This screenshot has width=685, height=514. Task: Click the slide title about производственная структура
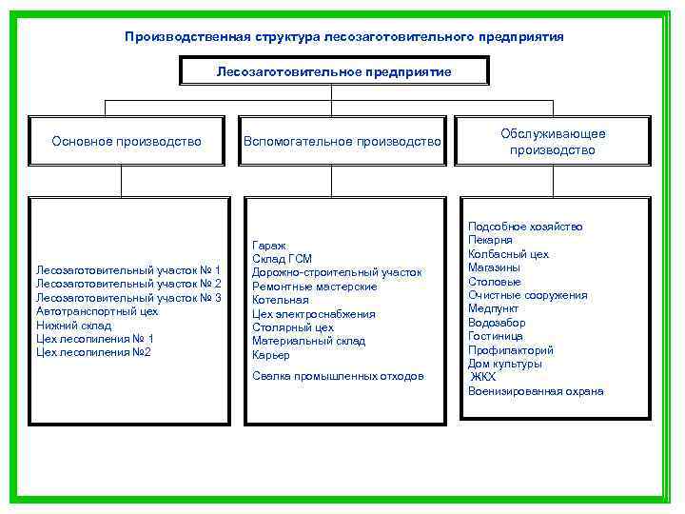pos(343,36)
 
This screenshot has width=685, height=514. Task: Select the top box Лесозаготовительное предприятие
pos(334,71)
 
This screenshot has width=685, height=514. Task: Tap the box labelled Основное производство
pos(127,142)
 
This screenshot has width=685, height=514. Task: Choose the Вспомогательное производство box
pos(342,142)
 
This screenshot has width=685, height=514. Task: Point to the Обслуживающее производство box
pos(553,142)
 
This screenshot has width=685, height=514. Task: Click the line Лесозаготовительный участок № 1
pos(128,270)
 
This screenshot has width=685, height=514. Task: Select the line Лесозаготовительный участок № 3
pos(128,298)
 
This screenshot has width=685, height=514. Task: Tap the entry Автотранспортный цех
pos(97,311)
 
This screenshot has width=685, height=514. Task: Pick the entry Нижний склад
pos(77,326)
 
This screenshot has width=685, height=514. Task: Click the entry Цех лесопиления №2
pos(94,353)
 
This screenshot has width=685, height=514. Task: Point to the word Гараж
pos(269,245)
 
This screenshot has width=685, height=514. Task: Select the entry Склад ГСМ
pos(282,259)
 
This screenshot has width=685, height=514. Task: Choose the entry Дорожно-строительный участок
pos(337,272)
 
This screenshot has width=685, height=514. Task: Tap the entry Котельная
pos(281,300)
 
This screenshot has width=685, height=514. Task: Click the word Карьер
pos(271,355)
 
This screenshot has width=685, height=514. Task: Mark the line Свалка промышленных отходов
pos(338,376)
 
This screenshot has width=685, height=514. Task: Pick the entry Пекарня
pos(491,241)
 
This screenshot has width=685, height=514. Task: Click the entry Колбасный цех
pos(508,254)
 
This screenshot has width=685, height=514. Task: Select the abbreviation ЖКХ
pos(483,377)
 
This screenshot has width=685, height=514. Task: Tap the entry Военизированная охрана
pos(536,391)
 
